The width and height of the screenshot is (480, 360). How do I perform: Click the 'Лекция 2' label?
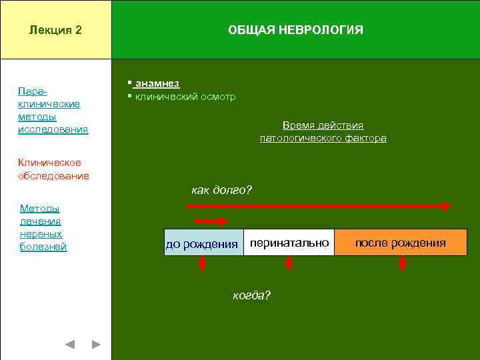coord(56,30)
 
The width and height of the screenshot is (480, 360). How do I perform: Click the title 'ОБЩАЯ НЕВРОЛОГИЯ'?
coord(295,30)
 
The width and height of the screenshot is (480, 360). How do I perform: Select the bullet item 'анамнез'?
coord(156,83)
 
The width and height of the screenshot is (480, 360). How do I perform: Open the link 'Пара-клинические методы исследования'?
coord(53,109)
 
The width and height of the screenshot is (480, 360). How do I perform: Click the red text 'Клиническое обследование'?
coord(53,169)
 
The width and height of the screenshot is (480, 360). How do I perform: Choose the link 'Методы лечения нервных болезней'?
coord(43,227)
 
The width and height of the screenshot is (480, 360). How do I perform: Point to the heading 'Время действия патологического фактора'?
coord(323,132)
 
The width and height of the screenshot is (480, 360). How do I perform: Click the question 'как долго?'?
coord(221,191)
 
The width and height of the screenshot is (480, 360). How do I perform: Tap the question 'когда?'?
coord(251,295)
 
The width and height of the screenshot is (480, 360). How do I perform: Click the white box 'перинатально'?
coord(289,243)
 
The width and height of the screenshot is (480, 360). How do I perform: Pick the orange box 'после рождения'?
coord(400,243)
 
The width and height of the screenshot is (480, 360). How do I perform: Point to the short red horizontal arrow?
coord(211,221)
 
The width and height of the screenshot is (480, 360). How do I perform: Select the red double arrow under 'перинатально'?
coord(289,264)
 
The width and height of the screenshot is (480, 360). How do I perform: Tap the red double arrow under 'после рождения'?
coord(403,264)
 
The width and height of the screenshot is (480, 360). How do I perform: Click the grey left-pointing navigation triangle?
coord(70,345)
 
